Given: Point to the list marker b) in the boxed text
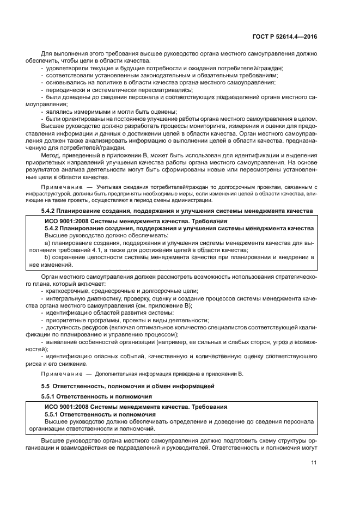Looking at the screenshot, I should point(47,257).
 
